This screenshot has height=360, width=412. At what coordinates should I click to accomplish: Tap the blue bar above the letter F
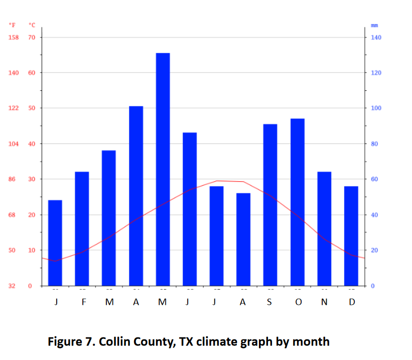(x=82, y=228)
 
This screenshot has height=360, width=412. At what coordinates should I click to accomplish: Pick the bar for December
(x=351, y=236)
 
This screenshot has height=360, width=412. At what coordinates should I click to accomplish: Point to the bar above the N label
(x=324, y=228)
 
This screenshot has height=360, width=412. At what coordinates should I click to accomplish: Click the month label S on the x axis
(x=270, y=302)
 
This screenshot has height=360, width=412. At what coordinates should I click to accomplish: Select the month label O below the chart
(x=298, y=302)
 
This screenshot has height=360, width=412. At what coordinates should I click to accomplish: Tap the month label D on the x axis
(x=352, y=302)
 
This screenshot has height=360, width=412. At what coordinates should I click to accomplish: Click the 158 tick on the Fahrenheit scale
(x=14, y=38)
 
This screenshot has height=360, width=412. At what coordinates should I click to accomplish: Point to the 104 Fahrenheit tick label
(x=14, y=144)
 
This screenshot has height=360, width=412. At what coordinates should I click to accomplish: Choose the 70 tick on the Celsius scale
(x=32, y=38)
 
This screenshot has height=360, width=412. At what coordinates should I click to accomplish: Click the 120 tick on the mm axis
(x=376, y=73)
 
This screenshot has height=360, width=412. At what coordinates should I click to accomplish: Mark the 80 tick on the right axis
(x=374, y=144)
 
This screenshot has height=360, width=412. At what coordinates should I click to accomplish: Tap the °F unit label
(x=13, y=25)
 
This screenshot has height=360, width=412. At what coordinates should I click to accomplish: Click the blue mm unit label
(x=374, y=25)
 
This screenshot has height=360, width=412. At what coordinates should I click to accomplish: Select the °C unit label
(x=32, y=25)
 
